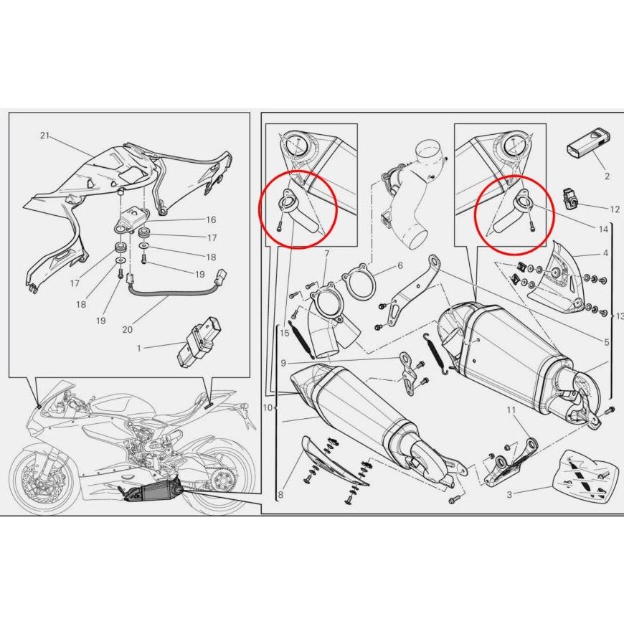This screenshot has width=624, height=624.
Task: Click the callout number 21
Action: click(x=45, y=136)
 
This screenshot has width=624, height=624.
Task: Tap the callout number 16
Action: click(x=211, y=219)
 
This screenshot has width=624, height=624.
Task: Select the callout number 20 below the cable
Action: click(x=128, y=329)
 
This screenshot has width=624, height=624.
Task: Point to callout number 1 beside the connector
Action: click(x=139, y=348)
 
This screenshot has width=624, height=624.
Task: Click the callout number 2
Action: click(x=607, y=176)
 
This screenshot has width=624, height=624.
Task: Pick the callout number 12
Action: click(x=615, y=209)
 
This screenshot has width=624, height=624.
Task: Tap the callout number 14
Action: click(x=603, y=229)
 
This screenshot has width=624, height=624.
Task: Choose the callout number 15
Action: click(x=285, y=333)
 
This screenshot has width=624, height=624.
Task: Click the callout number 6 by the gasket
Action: click(x=400, y=265)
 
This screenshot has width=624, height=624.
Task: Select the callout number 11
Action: click(x=511, y=410)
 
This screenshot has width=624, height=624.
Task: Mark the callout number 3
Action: click(x=509, y=495)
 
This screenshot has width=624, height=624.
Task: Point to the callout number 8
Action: click(x=280, y=495)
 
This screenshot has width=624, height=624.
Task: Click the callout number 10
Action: click(x=268, y=408)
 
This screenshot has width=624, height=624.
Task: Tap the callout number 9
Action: click(x=283, y=363)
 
